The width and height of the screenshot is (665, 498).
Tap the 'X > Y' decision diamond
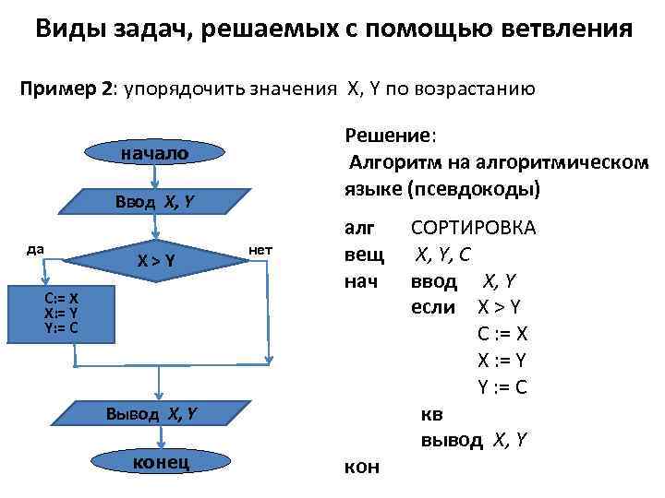(156, 261)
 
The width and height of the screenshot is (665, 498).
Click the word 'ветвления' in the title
(560, 28)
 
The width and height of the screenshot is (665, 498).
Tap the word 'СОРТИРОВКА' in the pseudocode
(473, 228)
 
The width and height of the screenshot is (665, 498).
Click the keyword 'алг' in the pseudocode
(360, 228)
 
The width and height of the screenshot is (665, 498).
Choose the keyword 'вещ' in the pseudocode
(362, 255)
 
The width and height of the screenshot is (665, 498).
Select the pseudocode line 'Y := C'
(502, 387)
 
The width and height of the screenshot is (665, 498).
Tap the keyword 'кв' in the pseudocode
(431, 413)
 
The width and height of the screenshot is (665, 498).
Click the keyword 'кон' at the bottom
(361, 467)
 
